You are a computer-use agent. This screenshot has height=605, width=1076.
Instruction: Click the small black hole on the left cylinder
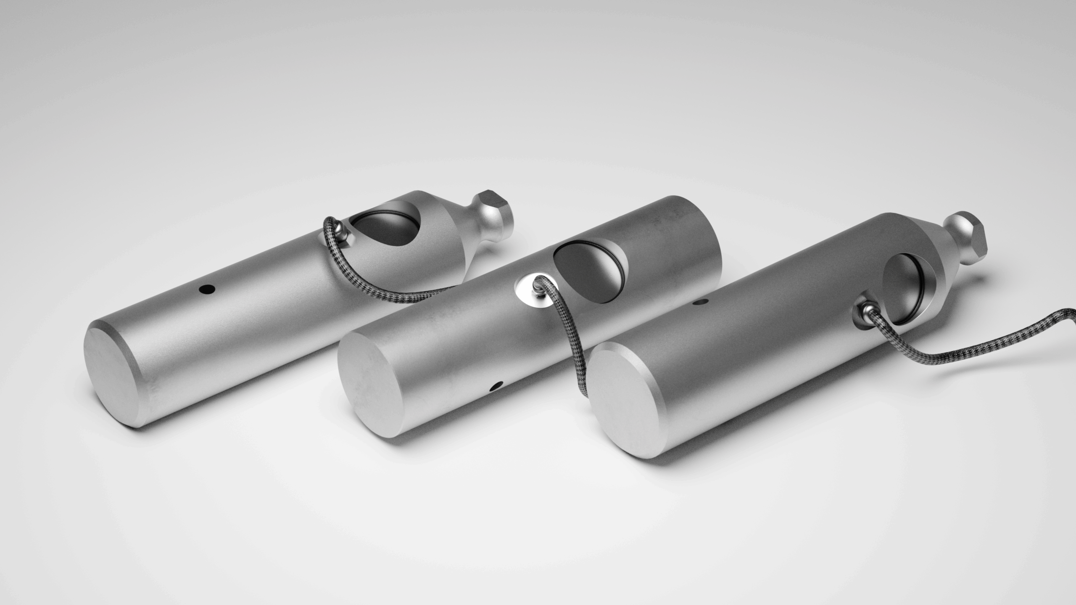[x=207, y=288]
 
